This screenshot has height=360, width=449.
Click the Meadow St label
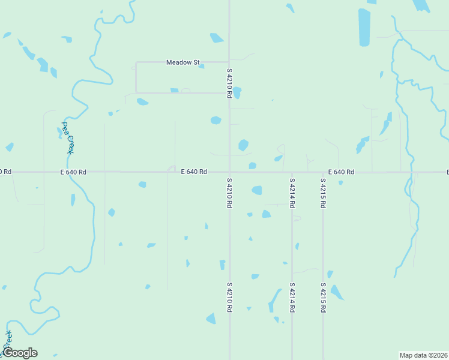(182, 62)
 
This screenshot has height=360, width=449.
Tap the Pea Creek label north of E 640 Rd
(67, 138)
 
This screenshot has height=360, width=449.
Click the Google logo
(20, 353)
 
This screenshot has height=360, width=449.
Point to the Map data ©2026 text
(423, 355)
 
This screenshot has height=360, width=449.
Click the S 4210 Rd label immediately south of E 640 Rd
(229, 193)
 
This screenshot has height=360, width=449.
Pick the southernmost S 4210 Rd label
(229, 297)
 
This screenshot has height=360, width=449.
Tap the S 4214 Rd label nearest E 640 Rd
(292, 193)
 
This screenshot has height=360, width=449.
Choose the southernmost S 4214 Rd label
(292, 297)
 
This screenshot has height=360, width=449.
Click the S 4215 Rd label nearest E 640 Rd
(323, 193)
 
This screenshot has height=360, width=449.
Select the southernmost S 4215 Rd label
(323, 297)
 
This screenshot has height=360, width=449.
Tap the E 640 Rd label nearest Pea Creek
(73, 172)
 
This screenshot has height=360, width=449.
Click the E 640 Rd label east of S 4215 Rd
(341, 172)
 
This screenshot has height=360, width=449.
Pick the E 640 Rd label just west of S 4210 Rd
(194, 172)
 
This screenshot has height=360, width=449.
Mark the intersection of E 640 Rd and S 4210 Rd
(229, 172)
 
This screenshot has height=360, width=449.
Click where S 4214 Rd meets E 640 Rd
(292, 172)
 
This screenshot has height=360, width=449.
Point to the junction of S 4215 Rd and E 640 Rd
(323, 172)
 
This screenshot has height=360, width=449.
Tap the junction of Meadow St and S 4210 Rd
(229, 62)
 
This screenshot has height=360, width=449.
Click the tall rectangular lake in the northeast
(364, 27)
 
